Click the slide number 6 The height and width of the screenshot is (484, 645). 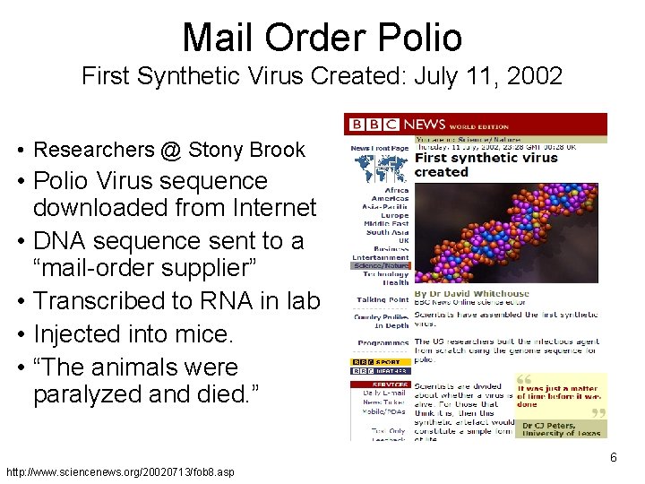click(614, 458)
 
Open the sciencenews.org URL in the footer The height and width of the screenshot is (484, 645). click(120, 471)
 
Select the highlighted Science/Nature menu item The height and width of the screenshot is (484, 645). click(381, 265)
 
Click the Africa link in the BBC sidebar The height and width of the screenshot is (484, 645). click(396, 190)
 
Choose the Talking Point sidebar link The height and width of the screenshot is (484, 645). click(383, 299)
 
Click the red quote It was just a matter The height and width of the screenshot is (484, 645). click(559, 392)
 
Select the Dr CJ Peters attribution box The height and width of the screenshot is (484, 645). click(560, 430)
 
